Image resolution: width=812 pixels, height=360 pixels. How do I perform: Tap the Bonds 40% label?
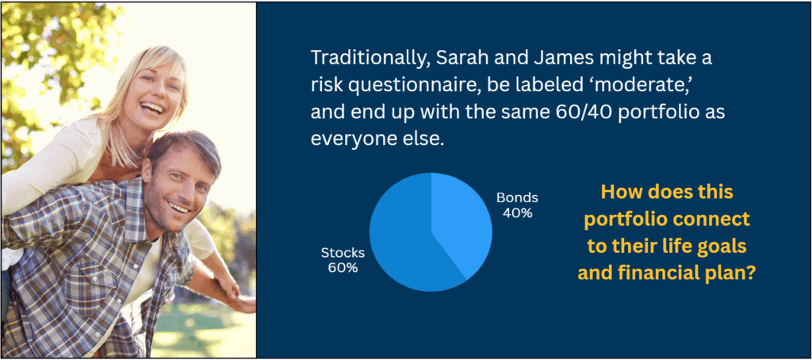[x=517, y=205]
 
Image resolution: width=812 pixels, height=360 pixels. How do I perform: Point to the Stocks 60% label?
[x=343, y=261]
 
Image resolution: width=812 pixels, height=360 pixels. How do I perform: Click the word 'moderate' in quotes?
[x=634, y=85]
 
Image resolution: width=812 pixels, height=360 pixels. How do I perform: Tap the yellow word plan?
[x=733, y=274]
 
